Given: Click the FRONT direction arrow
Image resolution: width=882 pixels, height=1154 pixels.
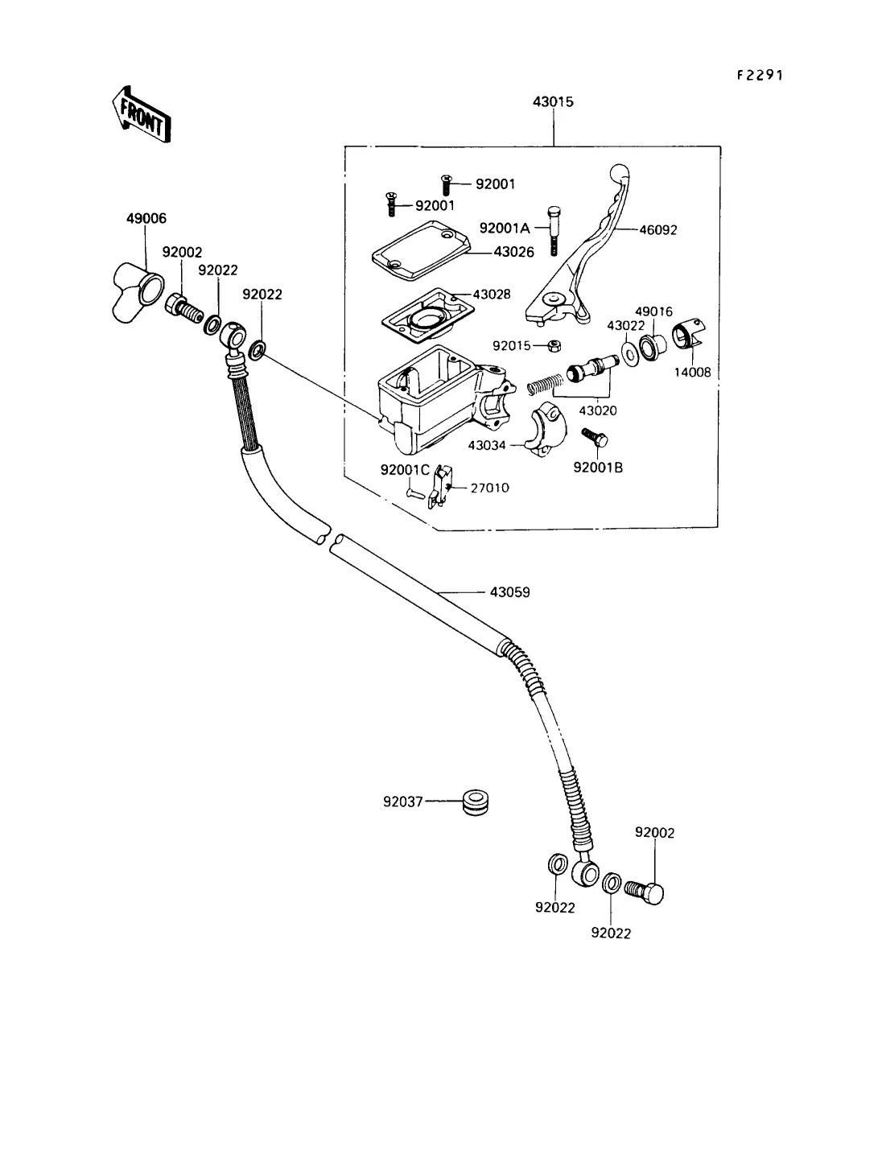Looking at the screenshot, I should pyautogui.click(x=141, y=114).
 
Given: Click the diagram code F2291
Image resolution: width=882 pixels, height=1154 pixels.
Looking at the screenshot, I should pyautogui.click(x=760, y=75).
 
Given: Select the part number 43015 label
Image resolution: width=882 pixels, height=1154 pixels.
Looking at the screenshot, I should pyautogui.click(x=553, y=102).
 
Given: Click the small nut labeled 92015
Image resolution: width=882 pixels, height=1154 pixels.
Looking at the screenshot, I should pyautogui.click(x=554, y=346).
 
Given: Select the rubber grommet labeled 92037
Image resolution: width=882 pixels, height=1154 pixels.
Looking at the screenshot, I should pyautogui.click(x=476, y=802).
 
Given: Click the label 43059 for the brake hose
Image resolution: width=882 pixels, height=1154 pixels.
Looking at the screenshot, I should pyautogui.click(x=509, y=592).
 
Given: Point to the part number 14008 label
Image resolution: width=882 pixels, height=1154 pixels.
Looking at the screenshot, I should pyautogui.click(x=693, y=373).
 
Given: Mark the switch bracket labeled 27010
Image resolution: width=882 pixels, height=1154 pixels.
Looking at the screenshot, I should pyautogui.click(x=438, y=488).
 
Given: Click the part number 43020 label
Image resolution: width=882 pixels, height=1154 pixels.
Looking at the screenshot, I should pyautogui.click(x=599, y=410).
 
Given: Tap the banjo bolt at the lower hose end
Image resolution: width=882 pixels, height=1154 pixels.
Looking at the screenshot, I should pyautogui.click(x=646, y=892).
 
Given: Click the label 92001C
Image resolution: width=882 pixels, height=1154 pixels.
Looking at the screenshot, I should pyautogui.click(x=405, y=469).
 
